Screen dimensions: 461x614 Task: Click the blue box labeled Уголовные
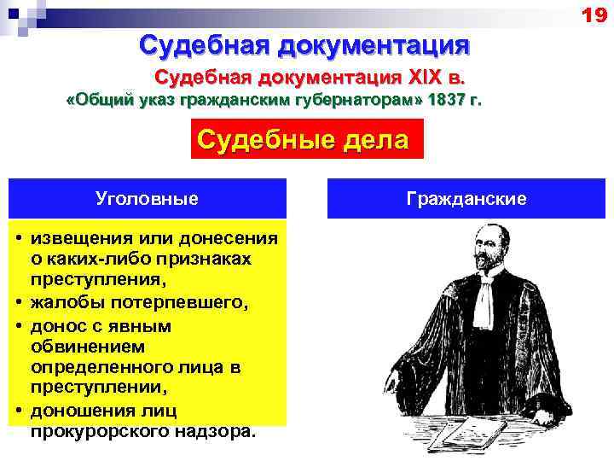[x=148, y=199]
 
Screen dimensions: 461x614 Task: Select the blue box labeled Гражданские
[x=466, y=199]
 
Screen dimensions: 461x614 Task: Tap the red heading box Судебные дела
[x=303, y=139]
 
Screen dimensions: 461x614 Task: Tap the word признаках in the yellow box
[x=200, y=258]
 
